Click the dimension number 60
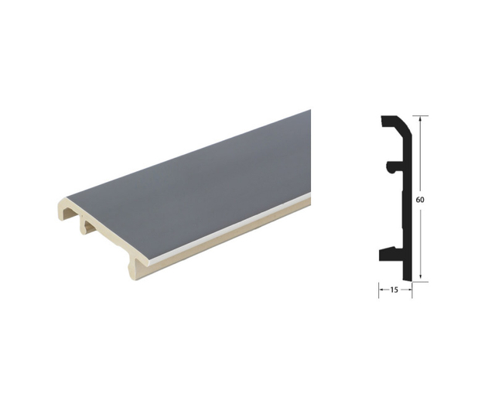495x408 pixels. click(x=420, y=200)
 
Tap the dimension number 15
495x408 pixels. click(x=394, y=290)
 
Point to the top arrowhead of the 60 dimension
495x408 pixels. click(x=420, y=118)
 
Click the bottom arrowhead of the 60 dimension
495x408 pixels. click(x=420, y=279)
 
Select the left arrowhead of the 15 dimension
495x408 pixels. click(x=381, y=290)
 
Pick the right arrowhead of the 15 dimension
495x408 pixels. click(x=409, y=290)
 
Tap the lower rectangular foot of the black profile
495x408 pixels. click(x=387, y=253)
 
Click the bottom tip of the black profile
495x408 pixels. click(x=408, y=280)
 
